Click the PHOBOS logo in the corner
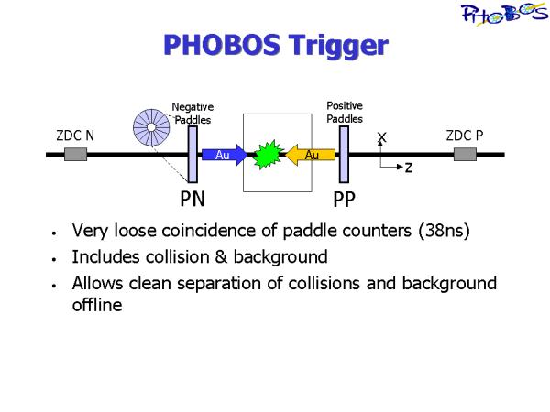(x=504, y=14)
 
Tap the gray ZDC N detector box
(x=75, y=154)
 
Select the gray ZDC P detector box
(x=465, y=154)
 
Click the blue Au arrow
(x=225, y=155)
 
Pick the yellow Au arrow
(x=310, y=155)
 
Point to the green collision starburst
(x=268, y=155)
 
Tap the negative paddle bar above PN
(x=192, y=155)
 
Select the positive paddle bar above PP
(x=344, y=155)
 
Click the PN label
(x=192, y=199)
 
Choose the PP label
(x=344, y=200)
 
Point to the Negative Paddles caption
(x=192, y=114)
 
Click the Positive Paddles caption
(x=345, y=112)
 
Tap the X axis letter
(x=381, y=137)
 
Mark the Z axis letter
(x=409, y=168)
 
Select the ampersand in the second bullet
(x=221, y=257)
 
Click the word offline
(x=97, y=305)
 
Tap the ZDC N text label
(x=75, y=136)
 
